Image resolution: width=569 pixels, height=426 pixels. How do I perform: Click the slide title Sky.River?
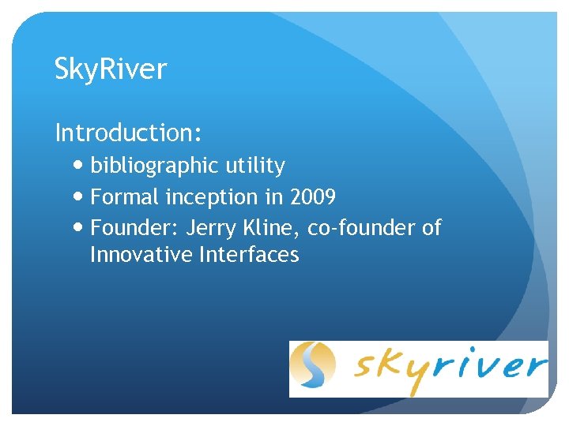tap(111, 69)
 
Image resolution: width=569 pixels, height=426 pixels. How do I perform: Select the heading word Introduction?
tap(128, 133)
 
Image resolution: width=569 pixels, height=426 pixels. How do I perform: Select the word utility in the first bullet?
tap(254, 166)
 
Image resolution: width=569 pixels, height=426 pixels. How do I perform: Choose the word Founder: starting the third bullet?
tap(134, 228)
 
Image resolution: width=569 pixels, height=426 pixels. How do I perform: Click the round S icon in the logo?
tap(313, 367)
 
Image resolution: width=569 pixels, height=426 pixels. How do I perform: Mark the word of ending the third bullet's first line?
tap(431, 228)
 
